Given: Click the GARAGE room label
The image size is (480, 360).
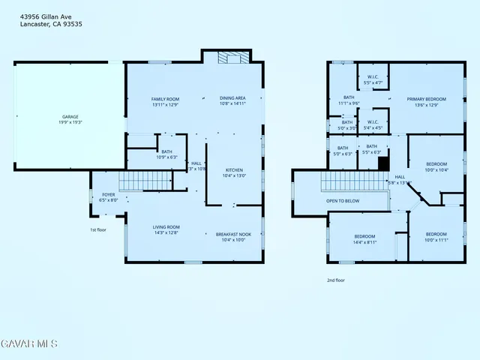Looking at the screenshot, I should click(70, 116).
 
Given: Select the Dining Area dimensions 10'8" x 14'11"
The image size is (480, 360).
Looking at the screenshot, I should click(232, 104).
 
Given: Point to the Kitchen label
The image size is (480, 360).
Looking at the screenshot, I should click(235, 170).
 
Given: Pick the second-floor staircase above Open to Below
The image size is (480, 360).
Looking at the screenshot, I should click(354, 181).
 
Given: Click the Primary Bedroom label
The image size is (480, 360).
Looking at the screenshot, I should click(426, 99).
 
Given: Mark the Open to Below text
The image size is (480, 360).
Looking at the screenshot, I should click(342, 201).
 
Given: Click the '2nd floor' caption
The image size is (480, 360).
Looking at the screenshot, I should click(335, 280).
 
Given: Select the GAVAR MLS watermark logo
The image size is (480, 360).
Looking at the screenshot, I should click(28, 343).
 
